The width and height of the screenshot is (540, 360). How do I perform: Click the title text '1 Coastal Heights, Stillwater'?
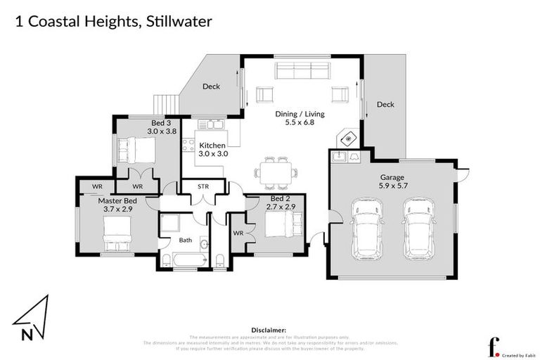(x=113, y=21)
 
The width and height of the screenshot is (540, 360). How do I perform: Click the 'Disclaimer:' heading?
(x=269, y=329)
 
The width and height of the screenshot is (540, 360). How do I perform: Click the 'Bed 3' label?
(x=157, y=122)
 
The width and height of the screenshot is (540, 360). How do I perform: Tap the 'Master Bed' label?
(x=116, y=200)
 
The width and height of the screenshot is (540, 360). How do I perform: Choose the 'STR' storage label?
(x=204, y=187)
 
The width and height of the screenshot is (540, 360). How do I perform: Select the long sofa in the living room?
(x=302, y=70)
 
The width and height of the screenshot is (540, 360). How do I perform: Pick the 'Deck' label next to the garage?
(x=385, y=105)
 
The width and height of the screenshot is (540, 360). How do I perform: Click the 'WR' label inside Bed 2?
(x=238, y=233)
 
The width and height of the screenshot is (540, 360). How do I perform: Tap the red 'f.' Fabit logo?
(x=494, y=345)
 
